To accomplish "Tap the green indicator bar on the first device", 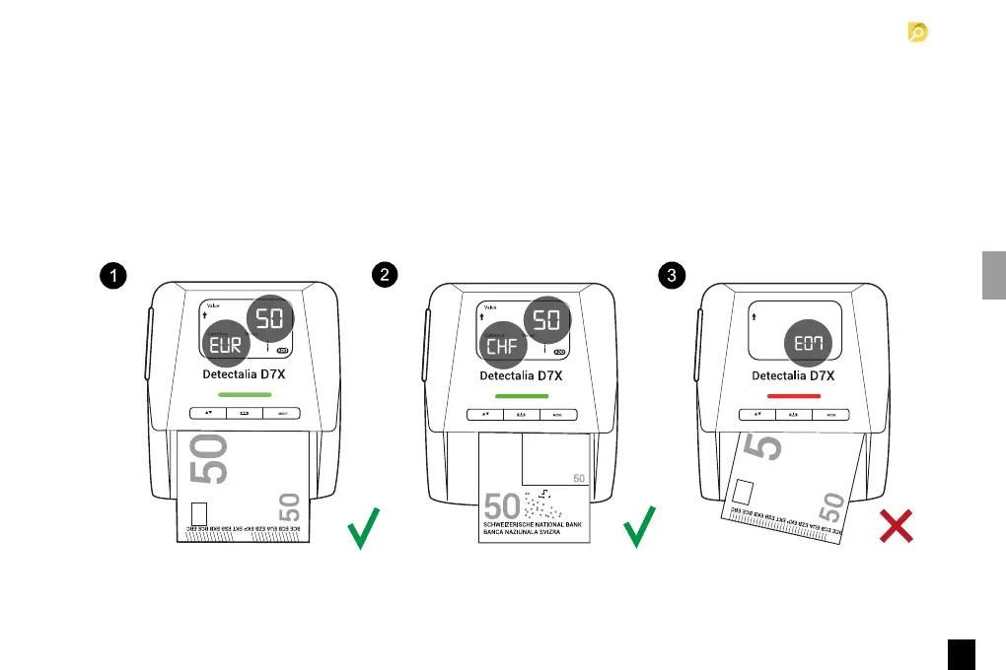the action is tap(244, 394).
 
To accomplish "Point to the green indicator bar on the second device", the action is tap(520, 394).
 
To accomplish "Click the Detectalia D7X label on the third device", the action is tap(793, 375).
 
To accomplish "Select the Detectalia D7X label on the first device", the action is tap(245, 375).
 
